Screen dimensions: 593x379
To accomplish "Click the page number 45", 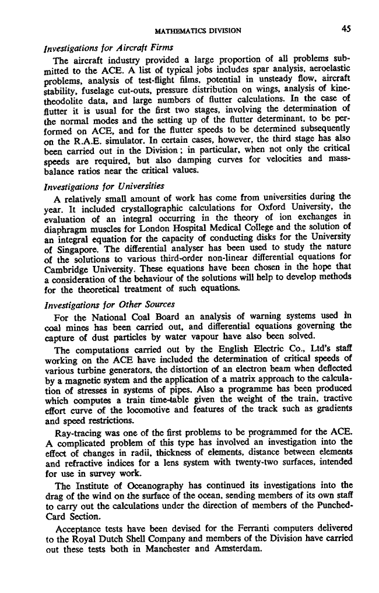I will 346,30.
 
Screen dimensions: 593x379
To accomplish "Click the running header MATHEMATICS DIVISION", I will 198,30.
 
